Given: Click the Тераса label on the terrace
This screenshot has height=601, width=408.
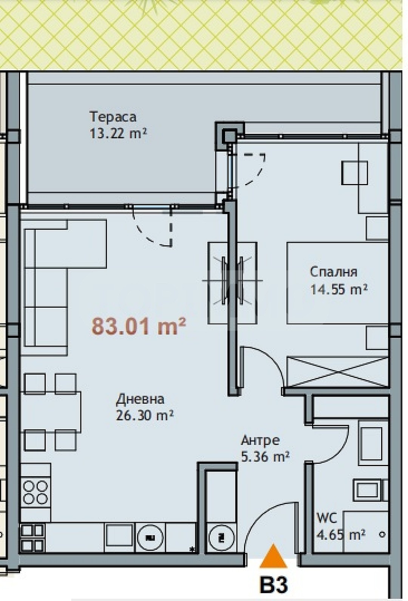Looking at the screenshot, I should pos(113,117).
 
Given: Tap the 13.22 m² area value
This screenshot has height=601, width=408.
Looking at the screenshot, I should pos(118,133).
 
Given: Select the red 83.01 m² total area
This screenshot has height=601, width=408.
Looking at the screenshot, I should pos(139,326).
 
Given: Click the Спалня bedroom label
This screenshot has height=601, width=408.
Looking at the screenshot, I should pos(333,272).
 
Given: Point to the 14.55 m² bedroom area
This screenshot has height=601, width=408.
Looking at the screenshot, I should pos(338,290).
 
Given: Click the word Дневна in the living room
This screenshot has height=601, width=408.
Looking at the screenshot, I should pos(140,399).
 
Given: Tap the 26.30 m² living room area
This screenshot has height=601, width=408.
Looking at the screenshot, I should pos(145,415).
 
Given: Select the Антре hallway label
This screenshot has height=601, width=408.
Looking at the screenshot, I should pos(260,440).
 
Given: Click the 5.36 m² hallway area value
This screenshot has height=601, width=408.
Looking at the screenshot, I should pos(265,457).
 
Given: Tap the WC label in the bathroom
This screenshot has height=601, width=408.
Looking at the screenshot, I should pos(326,517).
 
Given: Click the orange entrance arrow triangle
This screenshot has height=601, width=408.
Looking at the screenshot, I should pos(273,556).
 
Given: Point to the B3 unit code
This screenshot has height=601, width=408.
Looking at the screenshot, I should pos(274,584).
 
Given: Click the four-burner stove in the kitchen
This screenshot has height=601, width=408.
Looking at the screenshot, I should pos(36,493).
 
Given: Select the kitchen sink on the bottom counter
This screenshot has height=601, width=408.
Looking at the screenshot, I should pos(119,536).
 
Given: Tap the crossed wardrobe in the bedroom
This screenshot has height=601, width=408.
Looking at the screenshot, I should pos(337,372).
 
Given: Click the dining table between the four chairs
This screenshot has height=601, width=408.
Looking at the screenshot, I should pos(51,412).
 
